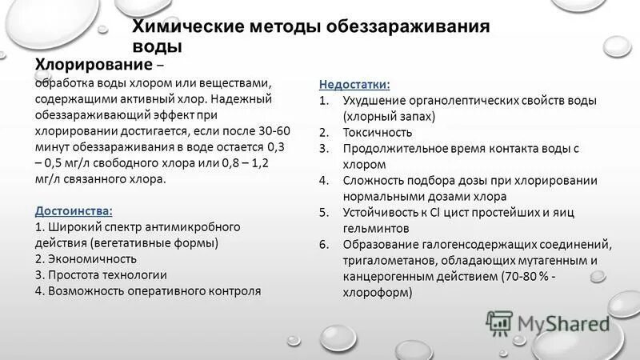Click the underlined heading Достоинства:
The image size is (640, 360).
[74, 210]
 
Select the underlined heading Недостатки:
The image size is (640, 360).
[354, 84]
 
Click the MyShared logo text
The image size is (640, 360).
[563, 323]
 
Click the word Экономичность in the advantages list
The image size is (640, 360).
[90, 258]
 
